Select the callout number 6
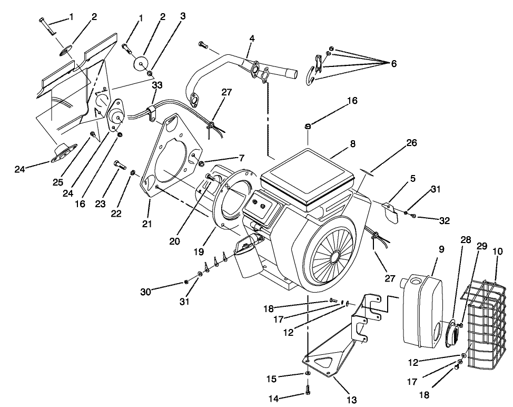coord(393,63)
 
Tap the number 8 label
coord(352,143)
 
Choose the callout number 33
coord(157,84)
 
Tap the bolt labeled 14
coord(307,391)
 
